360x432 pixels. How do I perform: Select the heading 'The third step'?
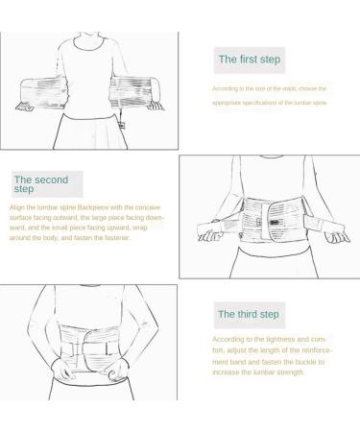point(248,314)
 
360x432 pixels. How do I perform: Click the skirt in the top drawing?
point(92,134)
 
